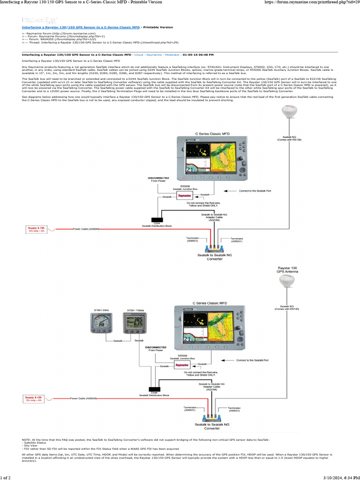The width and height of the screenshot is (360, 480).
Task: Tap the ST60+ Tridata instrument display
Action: click(132, 323)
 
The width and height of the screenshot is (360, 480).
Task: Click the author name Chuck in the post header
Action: click(140, 54)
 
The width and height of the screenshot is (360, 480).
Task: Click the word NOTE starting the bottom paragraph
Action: click(26, 440)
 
